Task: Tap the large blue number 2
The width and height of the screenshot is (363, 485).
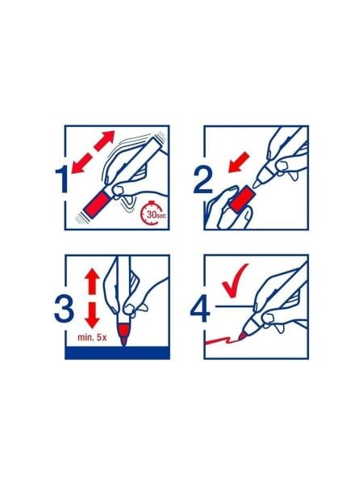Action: point(203,180)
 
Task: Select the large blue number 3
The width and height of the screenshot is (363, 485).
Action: point(64,309)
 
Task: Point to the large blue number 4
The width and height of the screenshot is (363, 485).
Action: point(200,309)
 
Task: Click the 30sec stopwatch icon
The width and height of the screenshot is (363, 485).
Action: point(153,213)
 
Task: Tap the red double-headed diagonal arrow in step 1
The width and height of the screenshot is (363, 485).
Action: point(93,152)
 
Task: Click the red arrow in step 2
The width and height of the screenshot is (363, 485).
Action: point(239,162)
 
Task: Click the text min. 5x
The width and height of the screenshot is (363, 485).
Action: point(92,337)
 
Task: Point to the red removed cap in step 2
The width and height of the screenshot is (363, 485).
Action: point(243,199)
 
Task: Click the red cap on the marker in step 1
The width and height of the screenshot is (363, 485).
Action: point(96,205)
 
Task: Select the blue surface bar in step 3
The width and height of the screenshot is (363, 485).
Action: point(117,353)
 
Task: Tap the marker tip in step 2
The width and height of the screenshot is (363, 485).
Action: point(257,184)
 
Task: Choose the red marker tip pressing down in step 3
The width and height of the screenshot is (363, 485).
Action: point(123,341)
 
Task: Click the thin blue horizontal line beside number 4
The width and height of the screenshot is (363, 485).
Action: point(236,306)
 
